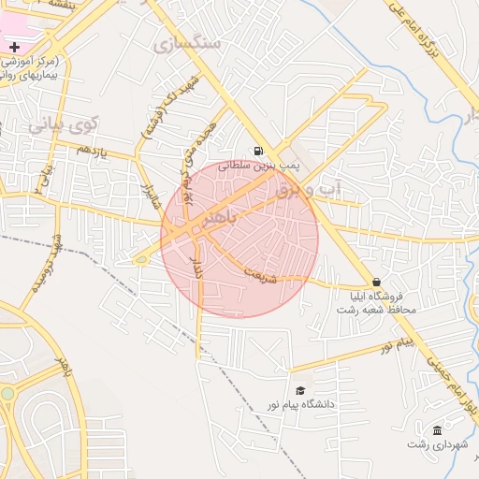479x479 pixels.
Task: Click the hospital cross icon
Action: [14, 47]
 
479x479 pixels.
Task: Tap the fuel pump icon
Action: [257, 150]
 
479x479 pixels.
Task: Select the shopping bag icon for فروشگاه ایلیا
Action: [376, 282]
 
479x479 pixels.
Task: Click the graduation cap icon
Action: [300, 390]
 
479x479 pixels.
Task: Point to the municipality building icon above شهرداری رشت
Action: [437, 429]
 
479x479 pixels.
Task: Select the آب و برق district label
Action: [311, 191]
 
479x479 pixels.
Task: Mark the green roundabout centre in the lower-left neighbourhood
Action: [7, 394]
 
